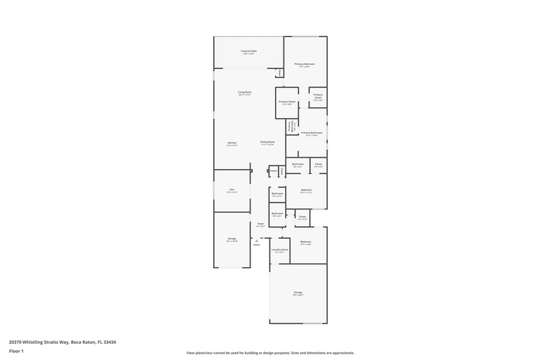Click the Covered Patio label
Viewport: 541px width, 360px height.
[x=249, y=53]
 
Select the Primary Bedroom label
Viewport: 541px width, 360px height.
[x=305, y=65]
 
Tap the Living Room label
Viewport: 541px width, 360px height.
[x=243, y=93]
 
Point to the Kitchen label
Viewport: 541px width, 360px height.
[x=232, y=144]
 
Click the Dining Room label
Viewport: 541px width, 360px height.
[x=267, y=143]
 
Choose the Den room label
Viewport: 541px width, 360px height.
[x=232, y=191]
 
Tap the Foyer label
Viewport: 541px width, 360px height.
[x=260, y=225]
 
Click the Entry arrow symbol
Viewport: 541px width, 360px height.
[x=256, y=240]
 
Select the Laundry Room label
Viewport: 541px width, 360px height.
[x=280, y=250]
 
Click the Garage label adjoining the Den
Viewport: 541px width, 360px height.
[x=232, y=240]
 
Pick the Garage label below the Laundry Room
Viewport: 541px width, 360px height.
[x=298, y=293]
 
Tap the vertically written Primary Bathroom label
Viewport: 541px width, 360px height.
[x=291, y=127]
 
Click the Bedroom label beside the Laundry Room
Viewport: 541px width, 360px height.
[x=305, y=243]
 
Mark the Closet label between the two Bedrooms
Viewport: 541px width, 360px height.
[x=302, y=217]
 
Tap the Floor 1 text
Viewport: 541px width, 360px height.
[x=16, y=352]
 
